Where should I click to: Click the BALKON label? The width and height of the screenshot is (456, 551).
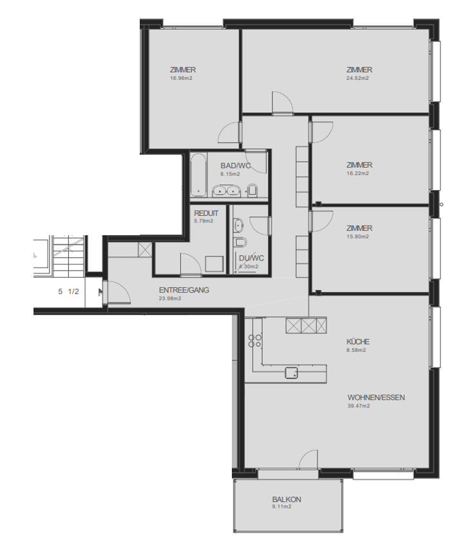tap(287, 499)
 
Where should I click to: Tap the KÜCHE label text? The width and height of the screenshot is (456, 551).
tap(357, 342)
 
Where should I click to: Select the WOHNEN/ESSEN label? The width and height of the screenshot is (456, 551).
tap(376, 398)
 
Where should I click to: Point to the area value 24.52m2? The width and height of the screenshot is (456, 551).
tap(357, 79)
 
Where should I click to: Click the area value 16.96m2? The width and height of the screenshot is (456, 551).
tap(182, 78)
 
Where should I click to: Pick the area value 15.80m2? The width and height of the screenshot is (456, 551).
tap(357, 237)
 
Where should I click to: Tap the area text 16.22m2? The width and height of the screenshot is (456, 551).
tap(357, 173)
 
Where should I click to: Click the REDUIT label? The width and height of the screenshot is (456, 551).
tap(206, 213)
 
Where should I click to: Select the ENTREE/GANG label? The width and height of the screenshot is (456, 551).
tap(184, 290)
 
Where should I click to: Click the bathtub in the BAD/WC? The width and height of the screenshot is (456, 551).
tap(198, 174)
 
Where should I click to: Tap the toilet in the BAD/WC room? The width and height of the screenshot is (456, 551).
tap(253, 189)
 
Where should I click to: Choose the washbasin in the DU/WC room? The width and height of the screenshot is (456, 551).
tap(238, 225)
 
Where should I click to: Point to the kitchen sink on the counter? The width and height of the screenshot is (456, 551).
tap(292, 372)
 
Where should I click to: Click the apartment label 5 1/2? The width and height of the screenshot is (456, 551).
tap(68, 291)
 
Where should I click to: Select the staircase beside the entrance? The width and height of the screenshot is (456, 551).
tap(67, 255)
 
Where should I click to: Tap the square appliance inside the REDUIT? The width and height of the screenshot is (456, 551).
tap(213, 264)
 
